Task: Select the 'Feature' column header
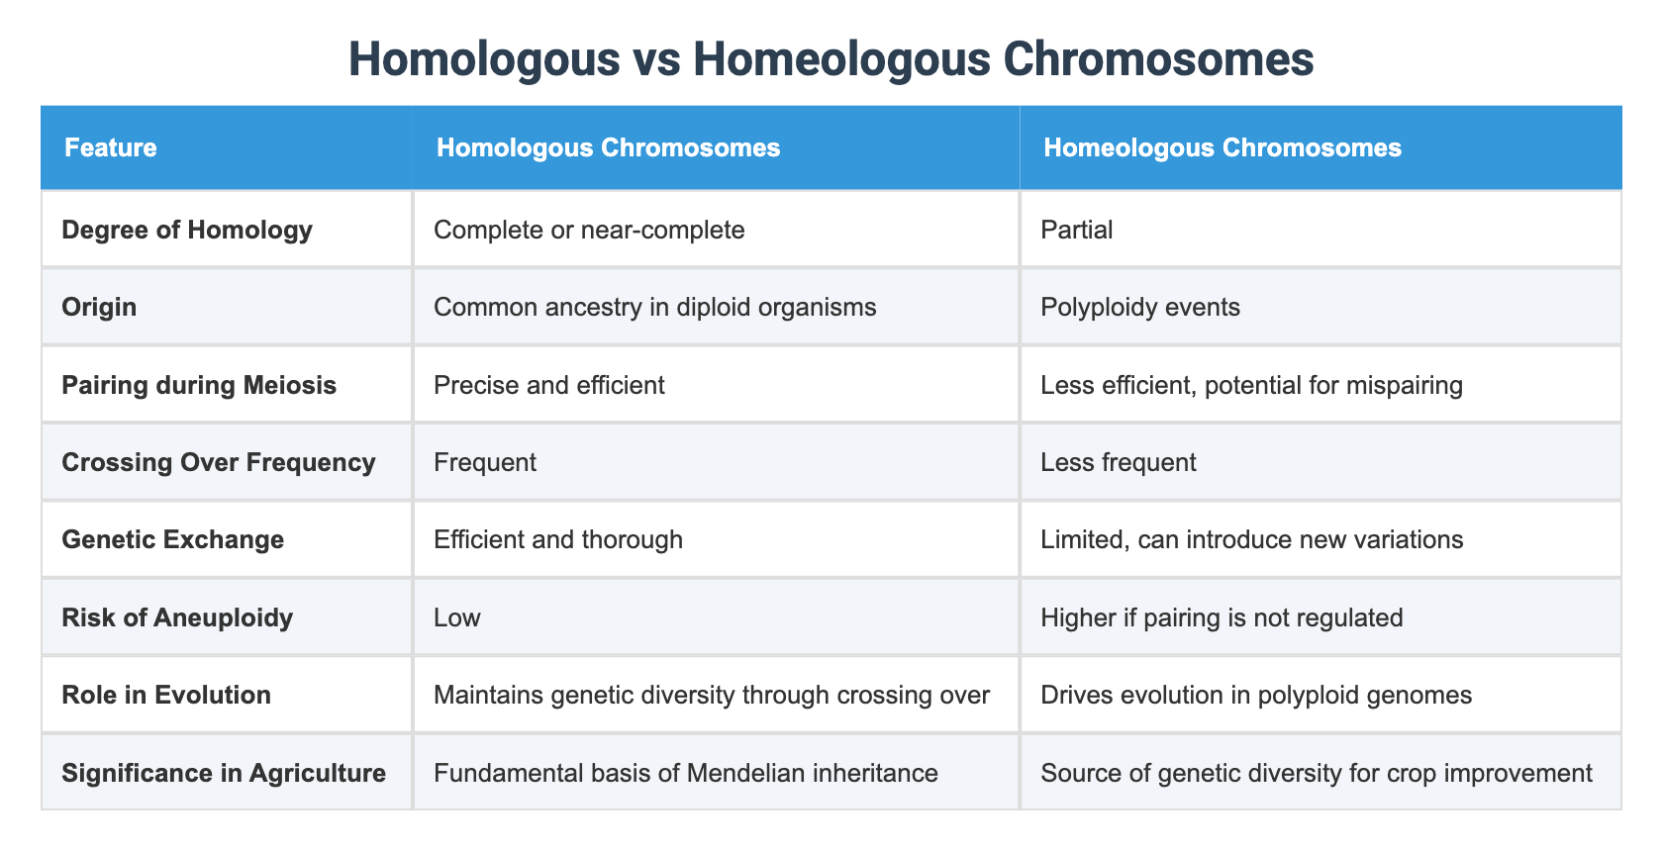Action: [x=111, y=148]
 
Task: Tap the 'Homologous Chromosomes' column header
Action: [x=608, y=148]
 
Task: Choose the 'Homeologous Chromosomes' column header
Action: [x=1223, y=148]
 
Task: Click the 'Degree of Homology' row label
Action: [x=187, y=230]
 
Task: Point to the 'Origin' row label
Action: [x=99, y=307]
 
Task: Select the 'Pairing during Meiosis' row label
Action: [x=199, y=384]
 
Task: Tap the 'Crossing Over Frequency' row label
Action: [x=219, y=462]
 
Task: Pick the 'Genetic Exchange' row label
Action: [x=173, y=539]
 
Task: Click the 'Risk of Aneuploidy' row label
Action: [x=177, y=617]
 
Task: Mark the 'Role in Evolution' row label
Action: [x=166, y=695]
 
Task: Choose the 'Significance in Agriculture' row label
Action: [x=224, y=772]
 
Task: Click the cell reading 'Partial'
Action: [x=1077, y=230]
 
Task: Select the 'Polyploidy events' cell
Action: [x=1140, y=307]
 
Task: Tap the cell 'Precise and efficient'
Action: [x=549, y=384]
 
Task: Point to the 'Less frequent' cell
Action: [x=1119, y=462]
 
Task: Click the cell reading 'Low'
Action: [x=457, y=617]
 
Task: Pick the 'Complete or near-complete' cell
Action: [x=589, y=230]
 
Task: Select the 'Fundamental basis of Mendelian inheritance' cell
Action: [x=686, y=772]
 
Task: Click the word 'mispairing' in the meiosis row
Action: [x=1407, y=384]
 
